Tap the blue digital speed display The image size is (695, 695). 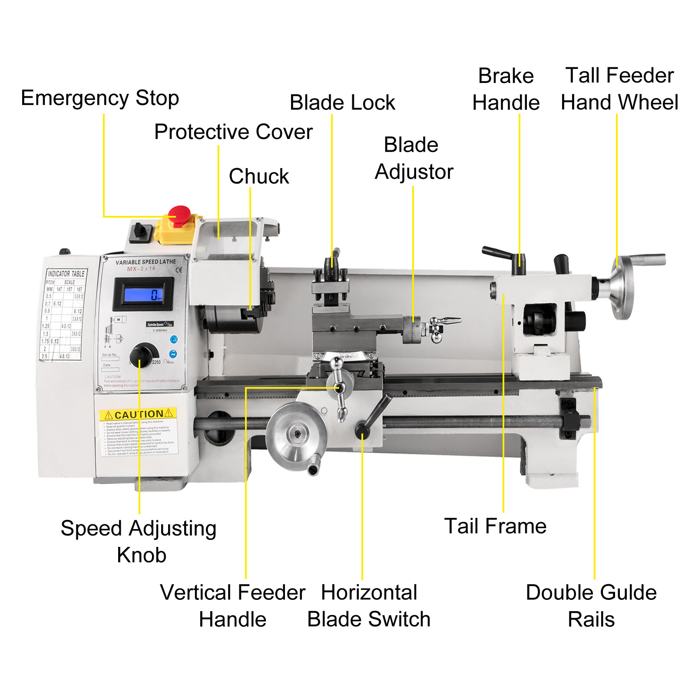click(x=143, y=294)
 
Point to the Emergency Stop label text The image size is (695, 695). click(x=100, y=98)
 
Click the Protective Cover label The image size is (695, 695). click(x=233, y=132)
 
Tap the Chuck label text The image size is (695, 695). click(x=259, y=176)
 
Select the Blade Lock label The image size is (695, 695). click(x=342, y=103)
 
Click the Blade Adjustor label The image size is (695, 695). click(x=414, y=158)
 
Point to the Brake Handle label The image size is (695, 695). click(x=506, y=89)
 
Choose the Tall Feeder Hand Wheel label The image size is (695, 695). click(x=619, y=89)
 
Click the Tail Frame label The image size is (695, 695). click(x=495, y=526)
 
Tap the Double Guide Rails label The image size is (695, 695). click(x=591, y=606)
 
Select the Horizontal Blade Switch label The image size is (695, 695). click(x=369, y=606)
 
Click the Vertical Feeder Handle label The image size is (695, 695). click(x=233, y=606)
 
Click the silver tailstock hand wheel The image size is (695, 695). click(x=622, y=288)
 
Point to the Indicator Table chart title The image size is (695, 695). click(x=66, y=274)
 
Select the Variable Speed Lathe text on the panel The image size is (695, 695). click(x=146, y=262)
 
